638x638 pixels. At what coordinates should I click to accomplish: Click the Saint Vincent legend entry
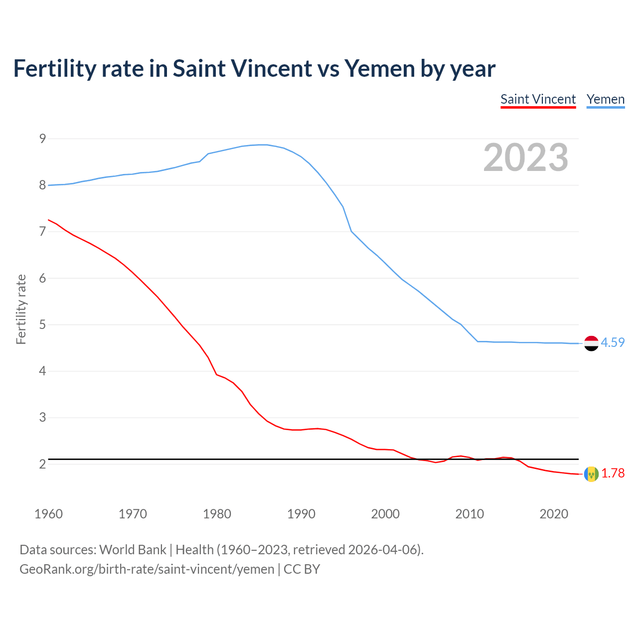[538, 99]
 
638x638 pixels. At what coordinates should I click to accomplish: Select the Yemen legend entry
[605, 99]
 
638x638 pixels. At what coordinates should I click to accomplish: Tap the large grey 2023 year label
[526, 158]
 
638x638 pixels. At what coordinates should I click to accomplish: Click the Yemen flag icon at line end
[591, 343]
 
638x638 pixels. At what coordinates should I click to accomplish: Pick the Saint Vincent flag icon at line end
[591, 474]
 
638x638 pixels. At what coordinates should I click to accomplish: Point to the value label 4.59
[613, 343]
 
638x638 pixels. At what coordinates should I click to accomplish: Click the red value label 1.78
[613, 474]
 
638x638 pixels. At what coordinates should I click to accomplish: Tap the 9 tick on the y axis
[42, 139]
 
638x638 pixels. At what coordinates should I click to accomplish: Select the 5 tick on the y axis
[42, 325]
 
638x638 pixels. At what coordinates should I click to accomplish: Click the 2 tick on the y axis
[42, 464]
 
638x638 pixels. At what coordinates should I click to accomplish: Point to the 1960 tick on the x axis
[48, 514]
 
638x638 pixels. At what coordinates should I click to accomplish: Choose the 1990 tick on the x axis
[301, 514]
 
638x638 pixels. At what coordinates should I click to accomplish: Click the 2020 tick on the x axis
[554, 514]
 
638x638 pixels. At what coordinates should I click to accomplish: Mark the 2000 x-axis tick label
[385, 514]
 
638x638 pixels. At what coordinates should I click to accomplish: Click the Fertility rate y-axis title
[21, 309]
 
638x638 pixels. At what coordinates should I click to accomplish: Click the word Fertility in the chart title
[54, 69]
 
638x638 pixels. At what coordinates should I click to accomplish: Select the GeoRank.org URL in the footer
[147, 569]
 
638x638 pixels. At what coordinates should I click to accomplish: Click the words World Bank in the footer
[133, 550]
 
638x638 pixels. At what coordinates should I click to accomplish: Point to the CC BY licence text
[302, 569]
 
